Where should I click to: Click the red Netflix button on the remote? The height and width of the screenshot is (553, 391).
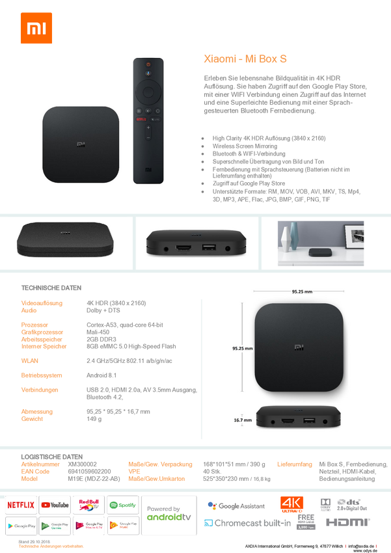point(139,120)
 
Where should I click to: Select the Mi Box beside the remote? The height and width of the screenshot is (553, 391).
point(81,144)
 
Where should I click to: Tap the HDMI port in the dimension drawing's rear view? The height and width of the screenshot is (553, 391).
point(287,422)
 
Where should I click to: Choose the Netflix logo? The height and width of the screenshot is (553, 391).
point(21,504)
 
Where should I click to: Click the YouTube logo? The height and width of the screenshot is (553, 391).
point(55,504)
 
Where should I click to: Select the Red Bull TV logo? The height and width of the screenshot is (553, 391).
point(88,504)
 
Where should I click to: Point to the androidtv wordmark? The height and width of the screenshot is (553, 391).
point(169,517)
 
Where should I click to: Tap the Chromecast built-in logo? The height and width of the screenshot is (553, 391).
point(247,523)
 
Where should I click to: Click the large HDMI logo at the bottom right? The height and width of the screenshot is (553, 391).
point(348,522)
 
